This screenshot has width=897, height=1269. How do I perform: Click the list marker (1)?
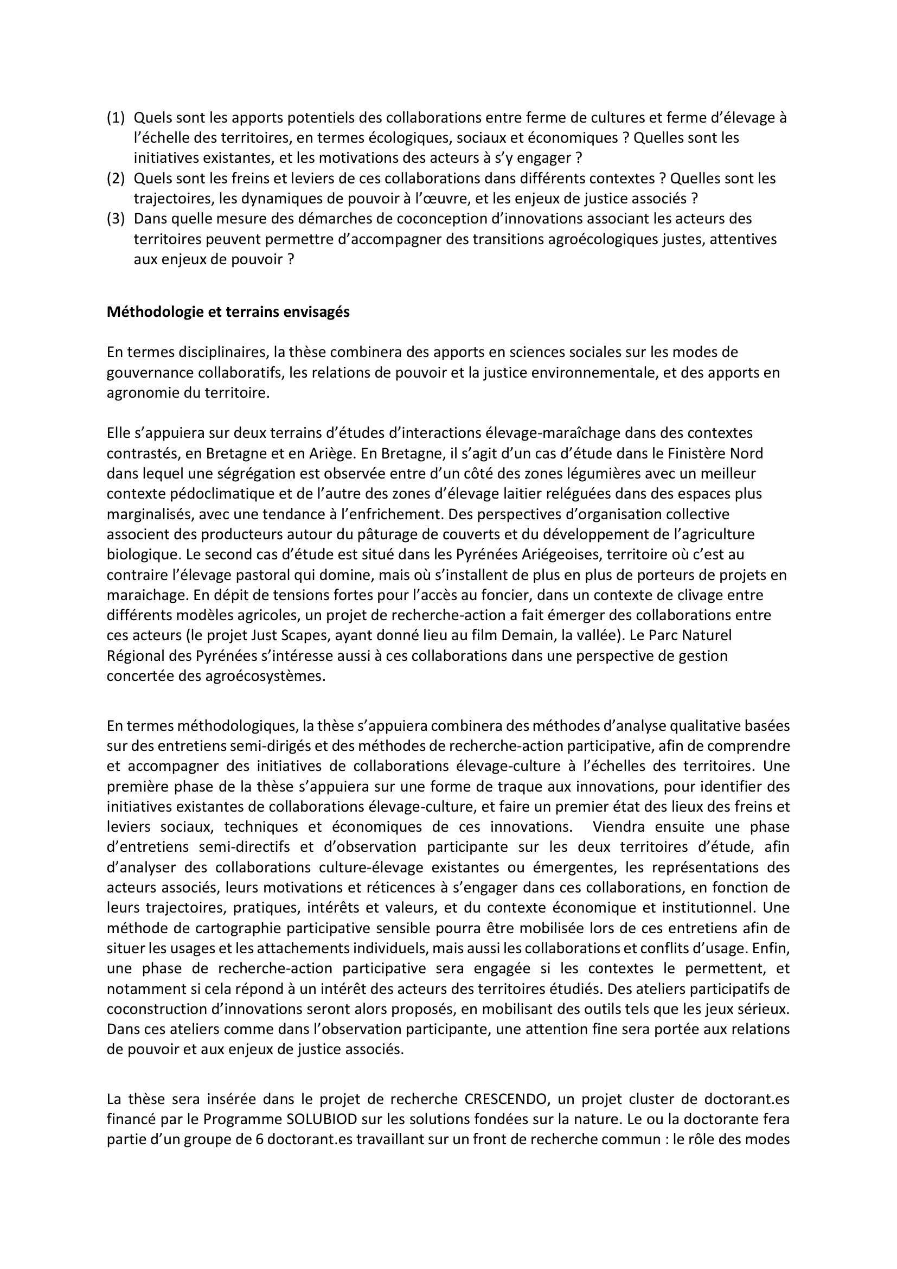pyautogui.click(x=116, y=118)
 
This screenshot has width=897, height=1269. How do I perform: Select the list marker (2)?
pyautogui.click(x=116, y=178)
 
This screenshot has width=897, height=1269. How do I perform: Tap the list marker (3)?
pyautogui.click(x=116, y=219)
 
